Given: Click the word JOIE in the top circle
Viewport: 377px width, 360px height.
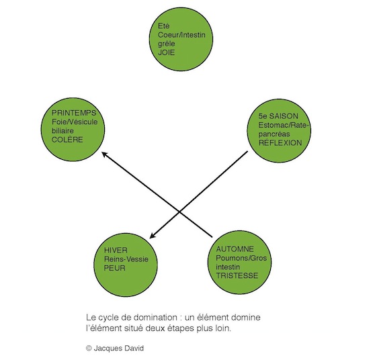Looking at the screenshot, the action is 166,52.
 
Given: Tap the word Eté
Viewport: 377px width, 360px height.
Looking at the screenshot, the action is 164,26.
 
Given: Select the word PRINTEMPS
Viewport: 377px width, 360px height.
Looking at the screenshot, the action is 74,113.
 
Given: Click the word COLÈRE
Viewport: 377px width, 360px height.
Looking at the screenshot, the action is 67,140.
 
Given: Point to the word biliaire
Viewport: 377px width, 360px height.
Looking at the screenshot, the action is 62,130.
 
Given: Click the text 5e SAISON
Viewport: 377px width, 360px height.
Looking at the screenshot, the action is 278,116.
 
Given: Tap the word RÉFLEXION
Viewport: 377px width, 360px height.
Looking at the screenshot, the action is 280,142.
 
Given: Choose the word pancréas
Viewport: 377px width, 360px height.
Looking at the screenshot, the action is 274,134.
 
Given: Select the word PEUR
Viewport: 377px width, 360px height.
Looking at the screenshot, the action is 115,268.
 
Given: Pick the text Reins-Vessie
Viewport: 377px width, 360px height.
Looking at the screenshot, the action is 126,259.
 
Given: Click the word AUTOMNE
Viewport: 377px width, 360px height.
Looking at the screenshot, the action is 235,249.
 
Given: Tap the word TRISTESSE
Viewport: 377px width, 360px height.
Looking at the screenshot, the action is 237,275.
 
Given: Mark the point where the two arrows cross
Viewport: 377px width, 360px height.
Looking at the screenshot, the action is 180,212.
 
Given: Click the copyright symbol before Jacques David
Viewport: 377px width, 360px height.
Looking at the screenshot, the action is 89,348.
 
